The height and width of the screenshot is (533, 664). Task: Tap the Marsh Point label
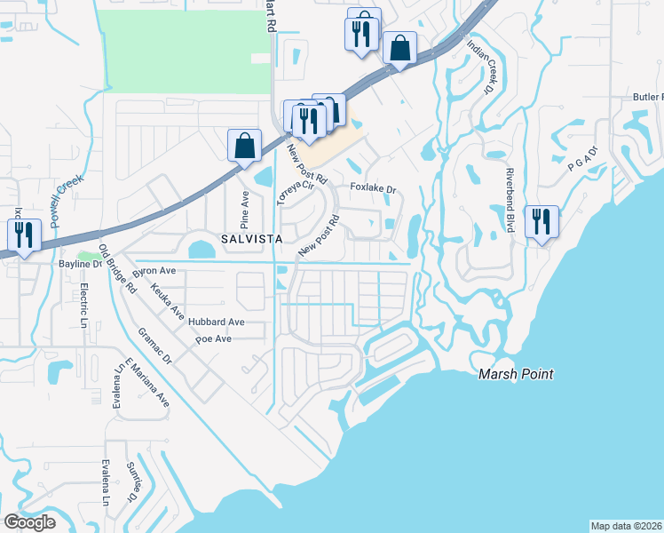[516, 374]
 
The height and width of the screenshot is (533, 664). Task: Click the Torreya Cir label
[296, 189]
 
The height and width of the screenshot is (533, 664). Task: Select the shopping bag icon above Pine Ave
[244, 146]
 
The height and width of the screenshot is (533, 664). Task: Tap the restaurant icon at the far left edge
[23, 235]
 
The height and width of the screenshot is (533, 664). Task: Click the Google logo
[29, 522]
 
